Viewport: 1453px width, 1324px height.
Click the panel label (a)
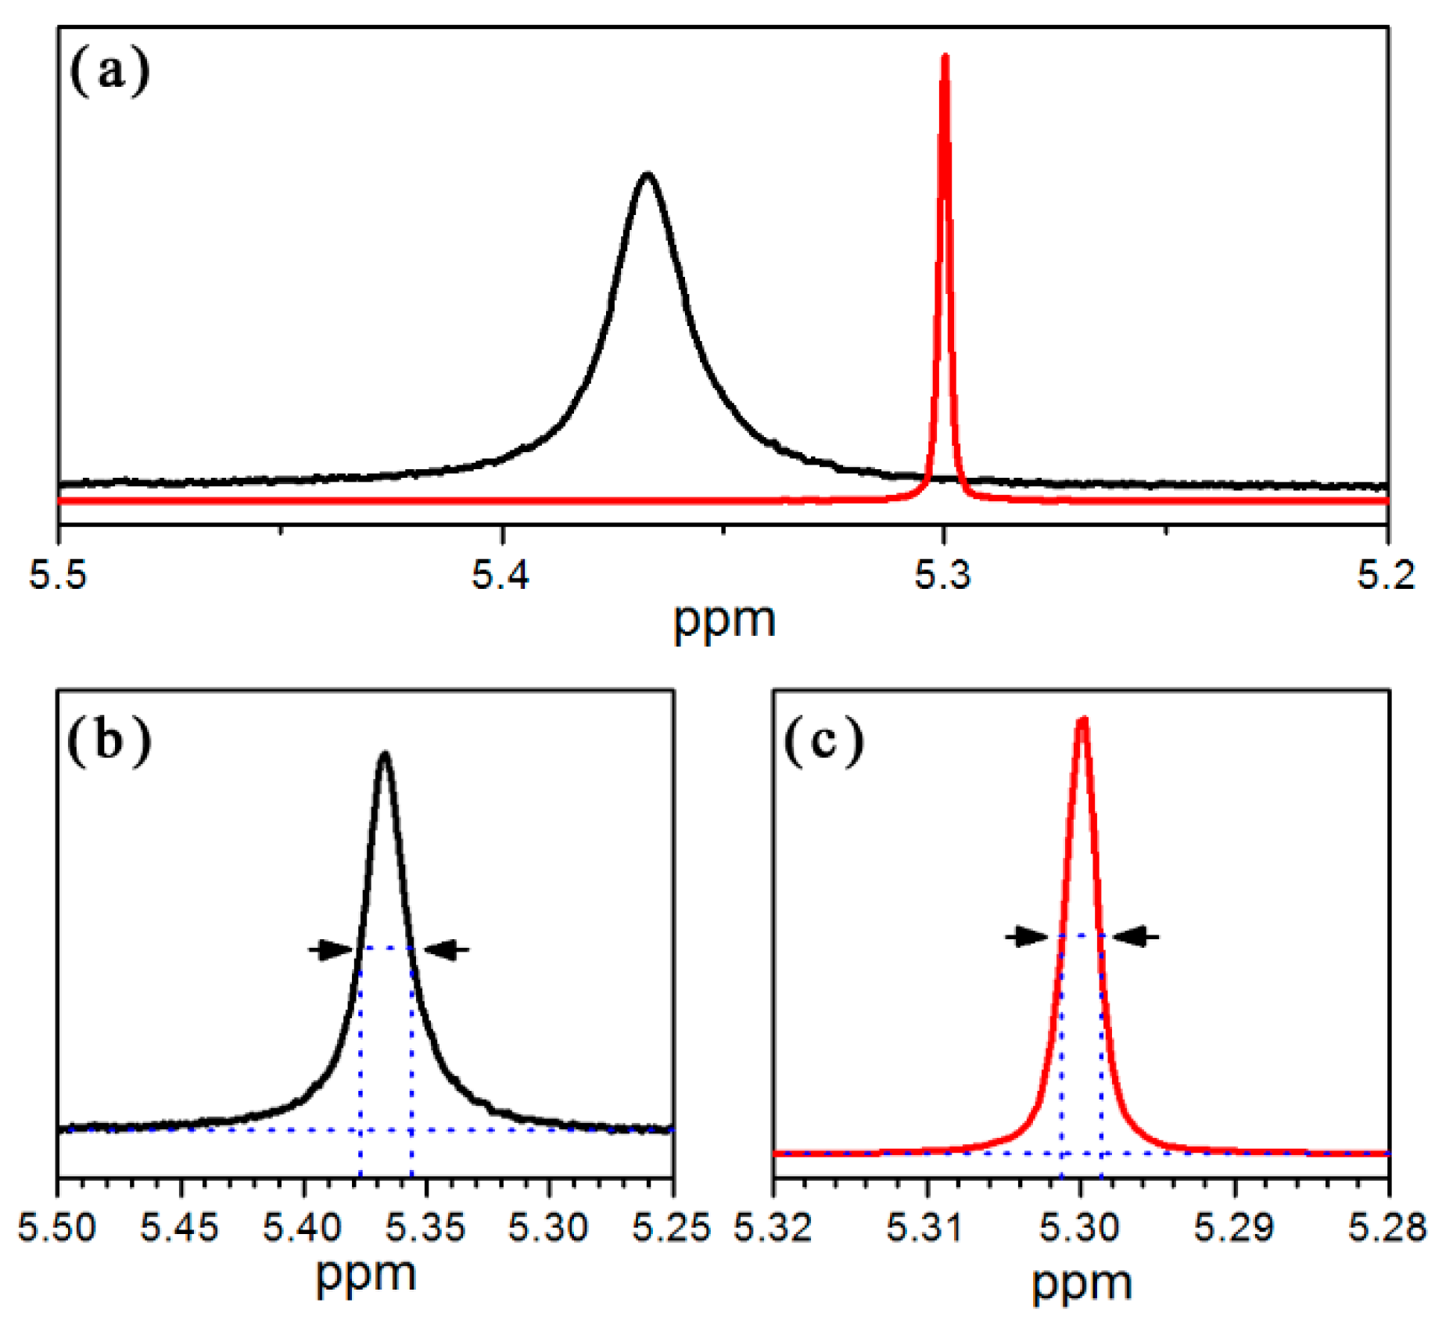pos(109,71)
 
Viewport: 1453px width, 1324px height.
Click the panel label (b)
pos(109,740)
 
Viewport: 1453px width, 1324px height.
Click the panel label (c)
pos(823,740)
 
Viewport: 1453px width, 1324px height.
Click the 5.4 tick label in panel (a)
pos(500,575)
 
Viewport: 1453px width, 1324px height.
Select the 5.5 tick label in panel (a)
pos(58,575)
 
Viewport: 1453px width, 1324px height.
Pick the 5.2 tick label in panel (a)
pos(1386,575)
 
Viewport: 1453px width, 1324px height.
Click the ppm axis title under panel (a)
pos(724,620)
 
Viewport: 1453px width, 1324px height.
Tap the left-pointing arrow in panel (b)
pos(447,950)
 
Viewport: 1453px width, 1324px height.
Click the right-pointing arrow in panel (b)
pos(331,950)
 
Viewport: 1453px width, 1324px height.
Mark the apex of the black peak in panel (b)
pos(384,755)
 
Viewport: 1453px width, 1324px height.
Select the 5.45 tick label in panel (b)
pos(179,1226)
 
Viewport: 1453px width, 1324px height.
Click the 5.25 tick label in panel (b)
pos(672,1226)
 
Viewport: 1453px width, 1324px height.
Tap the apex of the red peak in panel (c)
pos(1082,719)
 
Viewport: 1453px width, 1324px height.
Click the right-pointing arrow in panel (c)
pos(1026,935)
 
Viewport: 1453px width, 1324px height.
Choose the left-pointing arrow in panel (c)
pos(1137,935)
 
